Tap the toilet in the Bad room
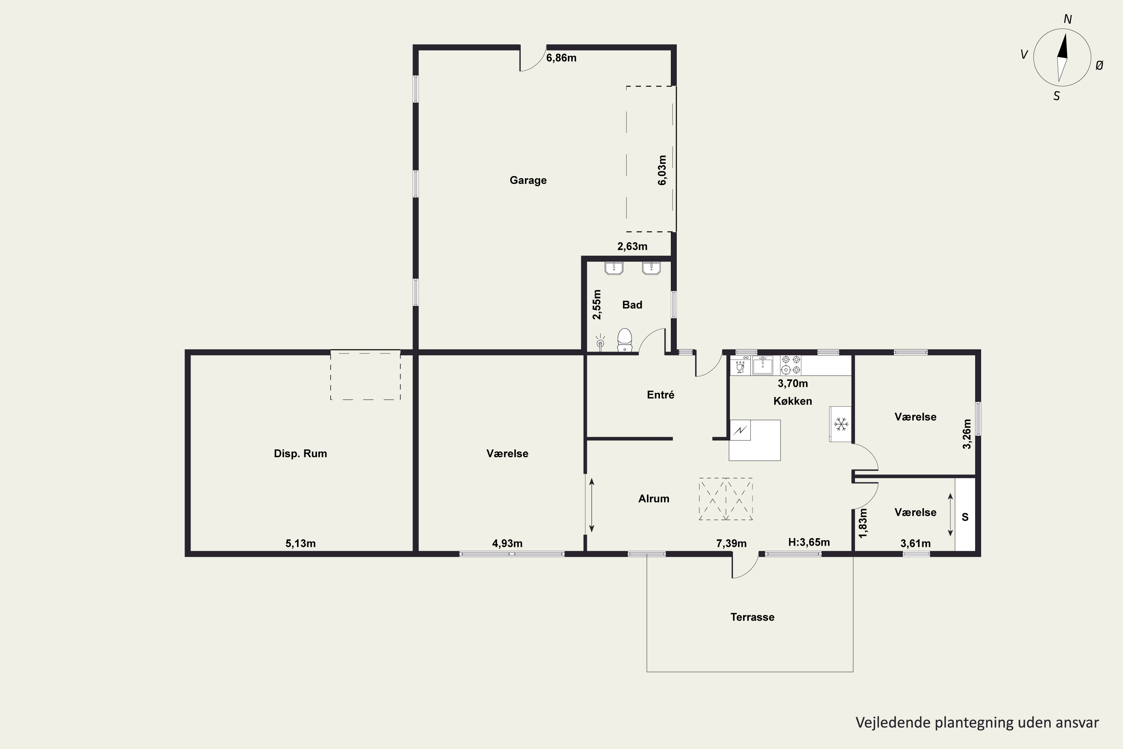[624, 340]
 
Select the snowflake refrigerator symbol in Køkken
[840, 424]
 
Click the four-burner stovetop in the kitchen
[791, 365]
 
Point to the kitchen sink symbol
[763, 365]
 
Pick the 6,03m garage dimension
[662, 170]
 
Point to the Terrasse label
[752, 617]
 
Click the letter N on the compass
[1068, 19]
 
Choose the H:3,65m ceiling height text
[809, 542]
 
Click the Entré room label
[661, 395]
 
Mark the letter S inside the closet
[965, 517]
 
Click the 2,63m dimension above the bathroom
[633, 246]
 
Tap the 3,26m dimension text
[967, 434]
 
